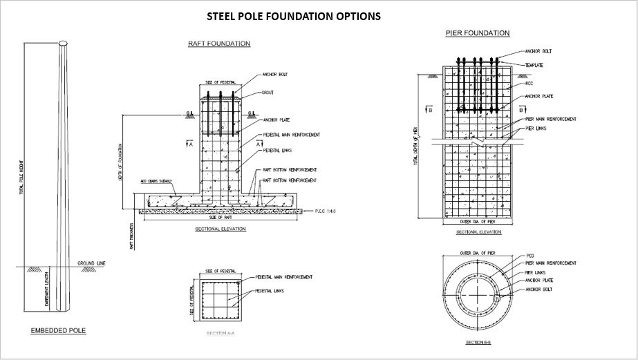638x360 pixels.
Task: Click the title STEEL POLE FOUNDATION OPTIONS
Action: pos(294,16)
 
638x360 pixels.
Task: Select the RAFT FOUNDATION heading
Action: pos(219,44)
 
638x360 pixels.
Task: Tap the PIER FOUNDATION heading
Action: pos(478,33)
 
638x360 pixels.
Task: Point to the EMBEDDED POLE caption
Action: pos(58,331)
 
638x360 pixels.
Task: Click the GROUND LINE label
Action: pos(91,264)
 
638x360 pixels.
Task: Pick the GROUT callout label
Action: pos(268,93)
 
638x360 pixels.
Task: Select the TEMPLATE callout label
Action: pos(534,65)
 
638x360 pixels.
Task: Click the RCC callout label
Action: pos(529,84)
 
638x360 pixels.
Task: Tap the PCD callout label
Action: pos(529,256)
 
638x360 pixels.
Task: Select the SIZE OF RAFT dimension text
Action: pos(220,218)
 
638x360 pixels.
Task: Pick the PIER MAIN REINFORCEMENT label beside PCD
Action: pos(551,263)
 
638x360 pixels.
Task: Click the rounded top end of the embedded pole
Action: pos(64,44)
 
